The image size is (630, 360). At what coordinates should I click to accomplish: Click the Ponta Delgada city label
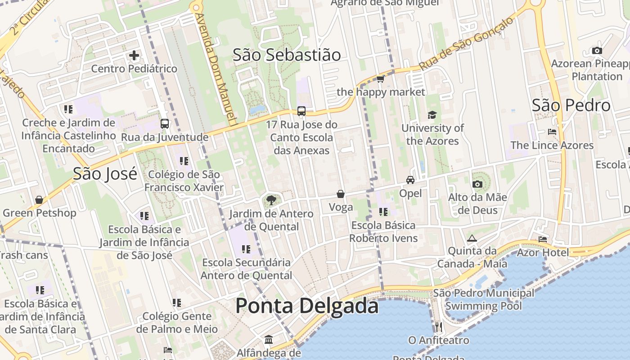tap(307, 306)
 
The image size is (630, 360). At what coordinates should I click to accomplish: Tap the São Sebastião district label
tap(287, 55)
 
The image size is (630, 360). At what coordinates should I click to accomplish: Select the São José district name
tap(105, 173)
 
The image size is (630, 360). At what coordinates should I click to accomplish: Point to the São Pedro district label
tap(571, 105)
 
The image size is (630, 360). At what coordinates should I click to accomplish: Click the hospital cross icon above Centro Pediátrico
tap(134, 56)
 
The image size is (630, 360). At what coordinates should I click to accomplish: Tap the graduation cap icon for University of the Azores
tap(432, 115)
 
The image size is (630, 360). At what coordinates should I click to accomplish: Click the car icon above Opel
tap(410, 180)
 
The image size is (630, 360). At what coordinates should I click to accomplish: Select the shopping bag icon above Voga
tap(341, 194)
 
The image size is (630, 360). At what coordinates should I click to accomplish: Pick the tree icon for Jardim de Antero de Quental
tap(271, 200)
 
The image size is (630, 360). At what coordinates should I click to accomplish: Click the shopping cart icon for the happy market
tap(381, 79)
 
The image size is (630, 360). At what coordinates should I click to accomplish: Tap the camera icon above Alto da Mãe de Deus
tap(477, 184)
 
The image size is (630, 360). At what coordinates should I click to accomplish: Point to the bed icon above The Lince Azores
tap(552, 132)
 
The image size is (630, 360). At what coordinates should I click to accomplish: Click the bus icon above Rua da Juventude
tap(165, 124)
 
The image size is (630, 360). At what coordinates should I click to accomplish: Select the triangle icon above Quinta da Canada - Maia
tap(472, 238)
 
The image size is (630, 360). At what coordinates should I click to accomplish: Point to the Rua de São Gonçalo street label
tap(467, 44)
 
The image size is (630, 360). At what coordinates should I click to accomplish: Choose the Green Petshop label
tap(40, 213)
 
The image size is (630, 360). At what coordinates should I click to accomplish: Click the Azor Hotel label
tap(543, 252)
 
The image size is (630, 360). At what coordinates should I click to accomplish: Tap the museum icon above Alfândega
tap(269, 339)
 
